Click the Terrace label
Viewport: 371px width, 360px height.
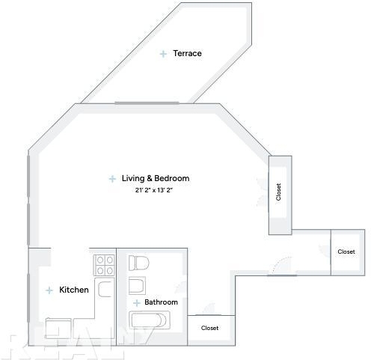(x=187, y=53)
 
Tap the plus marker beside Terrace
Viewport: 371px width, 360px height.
(x=163, y=54)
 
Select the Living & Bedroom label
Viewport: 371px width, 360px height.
(x=156, y=178)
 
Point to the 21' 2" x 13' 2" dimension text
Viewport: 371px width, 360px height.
(x=154, y=190)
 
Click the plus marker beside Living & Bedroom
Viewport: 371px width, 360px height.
(x=112, y=179)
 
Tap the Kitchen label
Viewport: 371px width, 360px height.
(x=74, y=290)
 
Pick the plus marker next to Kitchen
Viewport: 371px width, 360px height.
(x=49, y=290)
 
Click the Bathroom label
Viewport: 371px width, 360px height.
(x=161, y=302)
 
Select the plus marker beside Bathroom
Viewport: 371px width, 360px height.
(x=137, y=303)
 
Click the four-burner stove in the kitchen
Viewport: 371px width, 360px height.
(x=105, y=265)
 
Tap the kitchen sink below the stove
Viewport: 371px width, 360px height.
(x=105, y=289)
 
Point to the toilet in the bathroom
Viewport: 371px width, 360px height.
(x=138, y=263)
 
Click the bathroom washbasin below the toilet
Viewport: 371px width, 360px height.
(x=137, y=286)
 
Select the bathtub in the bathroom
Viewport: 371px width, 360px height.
(x=150, y=320)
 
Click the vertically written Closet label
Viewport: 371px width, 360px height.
(x=278, y=192)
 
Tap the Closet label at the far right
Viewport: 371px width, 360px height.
(x=346, y=251)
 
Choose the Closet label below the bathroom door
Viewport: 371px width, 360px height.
(x=209, y=328)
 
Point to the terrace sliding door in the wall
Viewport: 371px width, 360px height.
(x=147, y=103)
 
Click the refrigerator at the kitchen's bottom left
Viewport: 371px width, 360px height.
(x=58, y=328)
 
